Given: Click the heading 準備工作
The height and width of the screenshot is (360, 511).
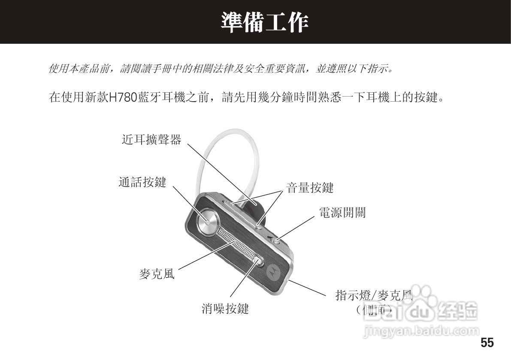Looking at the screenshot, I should (x=265, y=22).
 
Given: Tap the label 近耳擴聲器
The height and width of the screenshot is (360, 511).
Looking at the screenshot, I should (x=151, y=139).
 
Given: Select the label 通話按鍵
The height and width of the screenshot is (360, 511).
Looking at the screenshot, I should (x=142, y=182).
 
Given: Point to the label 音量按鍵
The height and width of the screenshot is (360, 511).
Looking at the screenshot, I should (x=310, y=188).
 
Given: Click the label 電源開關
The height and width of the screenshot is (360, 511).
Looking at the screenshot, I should (x=342, y=212).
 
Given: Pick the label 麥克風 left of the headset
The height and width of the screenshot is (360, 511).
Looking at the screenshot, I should (x=157, y=274).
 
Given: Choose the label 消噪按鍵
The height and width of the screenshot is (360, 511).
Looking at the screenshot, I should (x=225, y=309).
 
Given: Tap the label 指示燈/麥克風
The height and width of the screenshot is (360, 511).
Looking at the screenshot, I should (x=373, y=295).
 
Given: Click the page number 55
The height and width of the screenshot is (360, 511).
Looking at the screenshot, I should (x=487, y=343).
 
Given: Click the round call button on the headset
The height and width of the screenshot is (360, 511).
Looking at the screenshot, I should (x=207, y=222).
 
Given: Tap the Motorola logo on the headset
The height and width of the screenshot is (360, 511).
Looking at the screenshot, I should (x=272, y=271).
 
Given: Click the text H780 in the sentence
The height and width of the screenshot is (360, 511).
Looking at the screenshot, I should (x=123, y=98).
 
